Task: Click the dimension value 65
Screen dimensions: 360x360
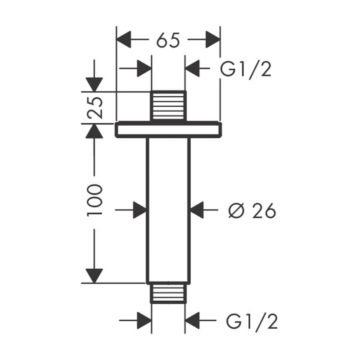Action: click(x=168, y=40)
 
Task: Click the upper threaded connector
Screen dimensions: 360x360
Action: click(x=168, y=106)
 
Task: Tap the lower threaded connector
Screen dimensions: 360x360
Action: click(x=168, y=293)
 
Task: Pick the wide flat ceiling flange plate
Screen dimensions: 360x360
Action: click(x=168, y=129)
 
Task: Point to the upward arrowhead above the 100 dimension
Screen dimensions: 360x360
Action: click(x=95, y=131)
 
